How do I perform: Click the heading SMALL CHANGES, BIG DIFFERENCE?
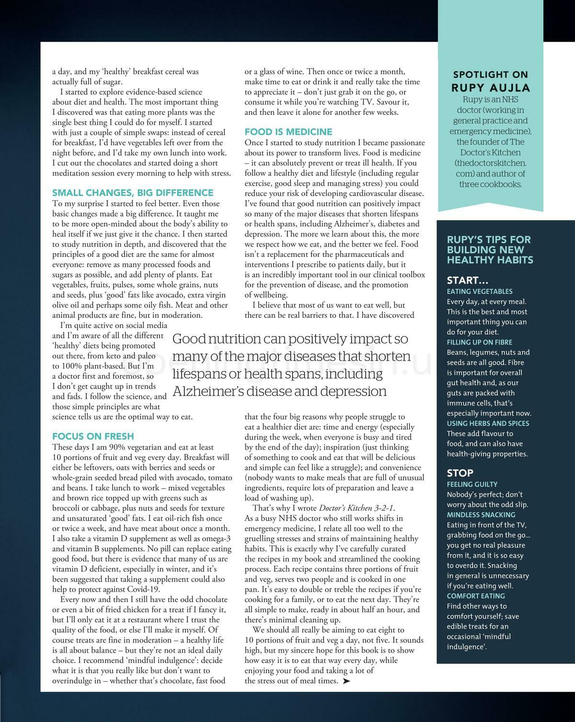click(x=133, y=193)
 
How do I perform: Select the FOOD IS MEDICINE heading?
click(x=288, y=132)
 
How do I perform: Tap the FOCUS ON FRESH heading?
click(x=93, y=436)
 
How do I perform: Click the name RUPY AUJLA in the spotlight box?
click(x=491, y=88)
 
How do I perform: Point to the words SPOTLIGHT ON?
click(x=491, y=75)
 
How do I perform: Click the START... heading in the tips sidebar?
click(x=467, y=280)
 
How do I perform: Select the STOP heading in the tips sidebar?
click(x=460, y=473)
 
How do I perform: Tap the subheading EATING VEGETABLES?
click(x=479, y=291)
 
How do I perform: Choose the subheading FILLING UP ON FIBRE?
click(x=479, y=342)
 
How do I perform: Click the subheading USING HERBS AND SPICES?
click(x=488, y=423)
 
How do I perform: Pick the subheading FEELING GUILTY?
click(x=472, y=484)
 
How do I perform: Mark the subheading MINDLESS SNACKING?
click(x=481, y=515)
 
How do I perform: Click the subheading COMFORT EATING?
click(x=476, y=596)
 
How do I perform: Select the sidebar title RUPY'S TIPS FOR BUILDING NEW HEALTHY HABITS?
click(x=489, y=250)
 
